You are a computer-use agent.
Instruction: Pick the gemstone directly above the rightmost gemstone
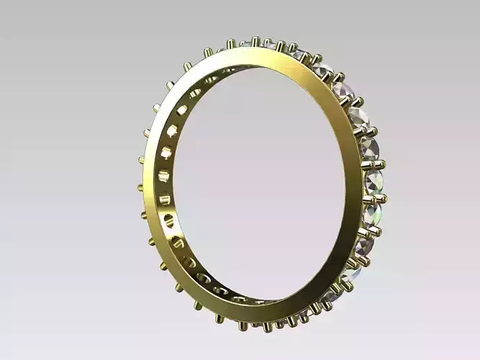(x=368, y=149)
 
